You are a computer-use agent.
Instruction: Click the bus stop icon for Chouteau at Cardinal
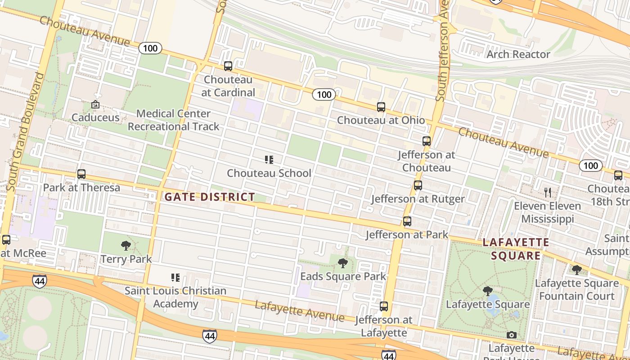click(228, 66)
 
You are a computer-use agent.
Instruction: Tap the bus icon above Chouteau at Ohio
click(381, 107)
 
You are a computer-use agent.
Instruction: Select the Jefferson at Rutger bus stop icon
click(418, 185)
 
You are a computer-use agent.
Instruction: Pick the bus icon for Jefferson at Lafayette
click(384, 306)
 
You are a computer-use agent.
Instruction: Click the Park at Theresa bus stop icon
click(81, 174)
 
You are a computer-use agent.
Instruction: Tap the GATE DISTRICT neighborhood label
click(210, 197)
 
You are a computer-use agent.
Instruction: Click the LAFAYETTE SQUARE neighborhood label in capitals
click(516, 249)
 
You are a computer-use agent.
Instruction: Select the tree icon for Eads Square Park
click(343, 263)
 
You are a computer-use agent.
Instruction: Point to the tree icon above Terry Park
click(126, 246)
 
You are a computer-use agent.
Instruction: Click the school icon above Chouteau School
click(269, 160)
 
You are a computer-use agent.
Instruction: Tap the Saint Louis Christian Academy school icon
click(175, 278)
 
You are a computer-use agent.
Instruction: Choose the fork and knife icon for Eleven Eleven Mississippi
click(548, 193)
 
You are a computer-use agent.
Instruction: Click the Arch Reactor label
click(518, 54)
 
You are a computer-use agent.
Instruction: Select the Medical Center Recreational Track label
click(173, 120)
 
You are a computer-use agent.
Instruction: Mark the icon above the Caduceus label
click(95, 104)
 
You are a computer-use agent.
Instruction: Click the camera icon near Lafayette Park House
click(511, 335)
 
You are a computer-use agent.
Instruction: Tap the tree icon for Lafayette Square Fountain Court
click(576, 270)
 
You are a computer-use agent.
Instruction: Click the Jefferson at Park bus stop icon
click(407, 221)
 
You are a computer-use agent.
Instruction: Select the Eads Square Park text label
click(343, 276)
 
